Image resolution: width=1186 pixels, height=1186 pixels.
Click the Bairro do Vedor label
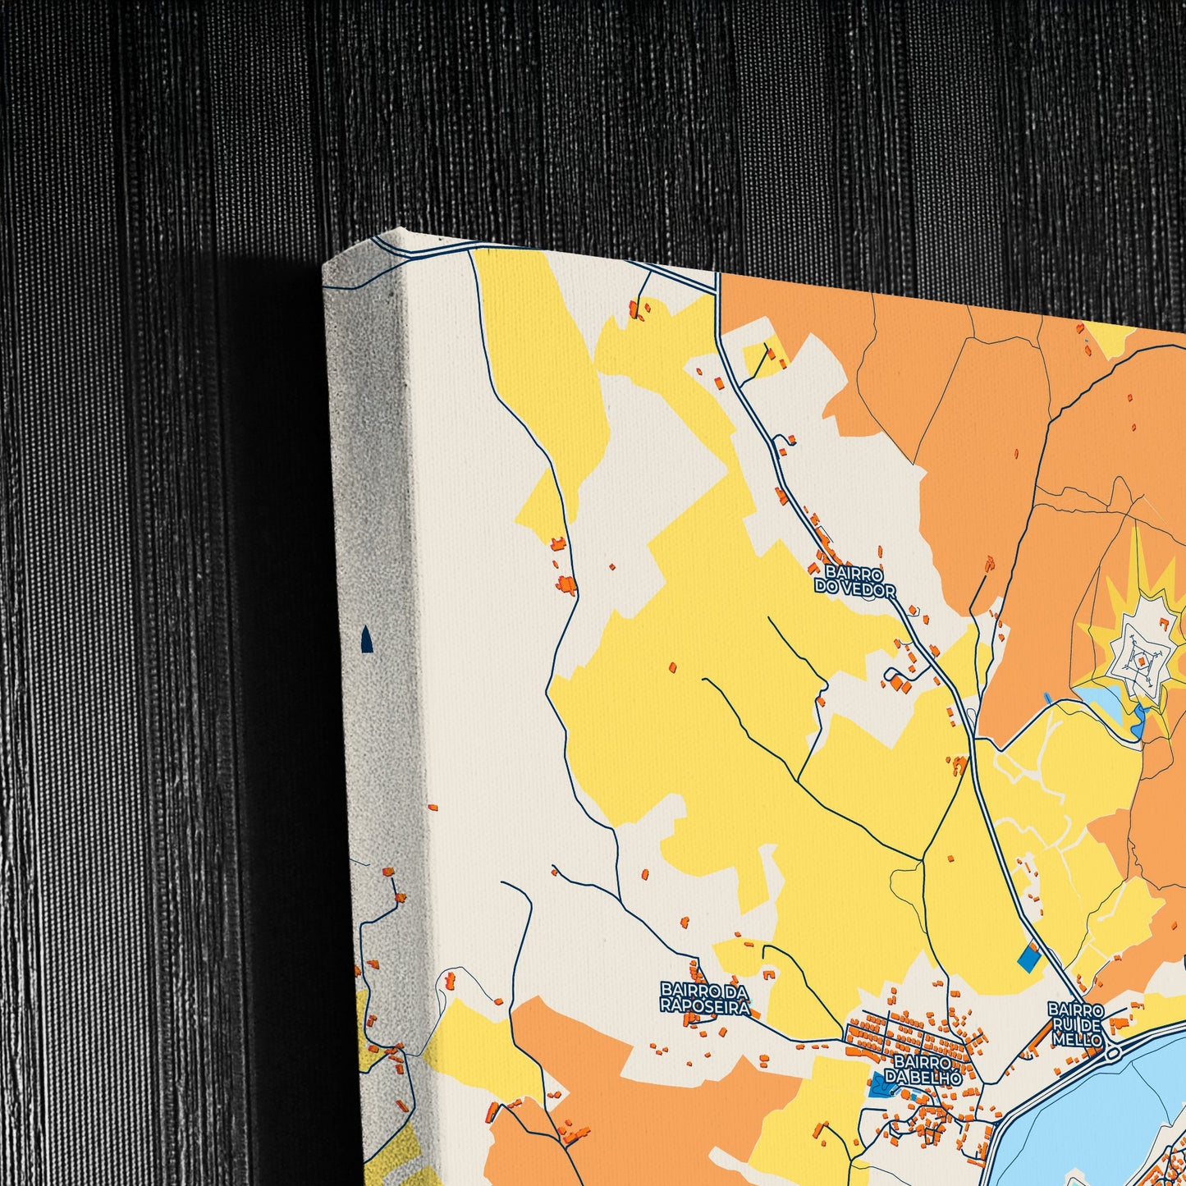(854, 579)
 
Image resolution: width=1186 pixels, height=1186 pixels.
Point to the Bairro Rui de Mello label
(1075, 1024)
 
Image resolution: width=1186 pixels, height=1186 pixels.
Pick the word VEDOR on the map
(867, 588)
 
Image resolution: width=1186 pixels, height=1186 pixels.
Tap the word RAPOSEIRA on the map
(705, 1008)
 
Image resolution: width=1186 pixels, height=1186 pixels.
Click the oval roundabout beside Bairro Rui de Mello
(1114, 1053)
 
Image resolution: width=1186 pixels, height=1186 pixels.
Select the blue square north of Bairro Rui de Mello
(1027, 957)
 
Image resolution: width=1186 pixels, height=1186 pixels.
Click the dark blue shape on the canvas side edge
(367, 639)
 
